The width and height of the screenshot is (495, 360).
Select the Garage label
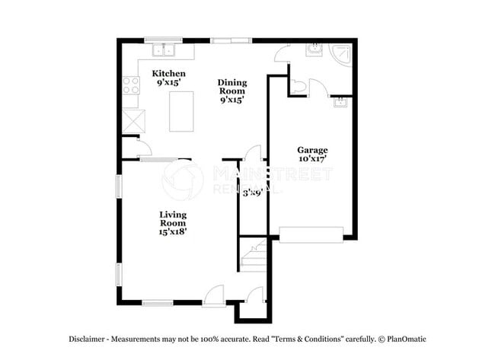[311, 149]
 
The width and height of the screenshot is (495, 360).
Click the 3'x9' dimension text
[252, 193]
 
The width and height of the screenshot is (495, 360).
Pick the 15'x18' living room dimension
[173, 232]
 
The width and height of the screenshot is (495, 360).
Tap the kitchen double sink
[163, 50]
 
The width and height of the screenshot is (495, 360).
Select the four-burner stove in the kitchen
[130, 85]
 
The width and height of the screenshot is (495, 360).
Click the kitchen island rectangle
[181, 111]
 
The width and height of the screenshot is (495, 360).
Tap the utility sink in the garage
[340, 102]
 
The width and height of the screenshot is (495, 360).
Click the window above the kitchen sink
[163, 40]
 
